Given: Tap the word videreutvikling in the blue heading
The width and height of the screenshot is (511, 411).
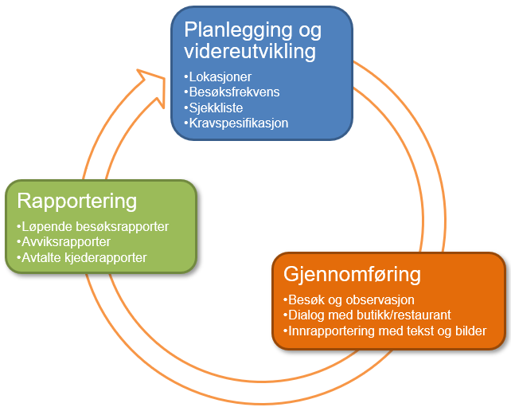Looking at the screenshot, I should click(250, 52).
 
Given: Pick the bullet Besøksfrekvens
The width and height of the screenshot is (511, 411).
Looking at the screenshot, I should click(230, 92).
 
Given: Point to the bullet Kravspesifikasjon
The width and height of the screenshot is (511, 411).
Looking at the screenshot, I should click(236, 123).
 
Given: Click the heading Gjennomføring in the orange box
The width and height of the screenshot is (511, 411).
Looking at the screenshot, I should click(352, 276).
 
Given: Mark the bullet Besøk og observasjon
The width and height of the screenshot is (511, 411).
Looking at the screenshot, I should click(348, 299).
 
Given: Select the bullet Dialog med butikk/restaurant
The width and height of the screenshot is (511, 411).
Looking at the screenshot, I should click(366, 315).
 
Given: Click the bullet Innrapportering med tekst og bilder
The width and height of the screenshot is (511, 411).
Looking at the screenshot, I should click(384, 331).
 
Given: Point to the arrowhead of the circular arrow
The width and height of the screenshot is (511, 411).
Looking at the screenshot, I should click(148, 80).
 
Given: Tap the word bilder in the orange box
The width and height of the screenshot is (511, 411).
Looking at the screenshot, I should click(467, 331).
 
